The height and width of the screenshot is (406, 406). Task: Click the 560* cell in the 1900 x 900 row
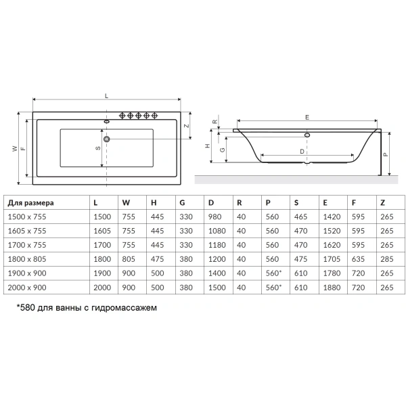tap(274, 273)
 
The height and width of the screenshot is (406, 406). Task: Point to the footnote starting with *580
tap(86, 307)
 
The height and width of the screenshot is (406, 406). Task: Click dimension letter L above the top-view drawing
tap(107, 97)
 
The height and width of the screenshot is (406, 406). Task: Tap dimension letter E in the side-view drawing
tap(307, 118)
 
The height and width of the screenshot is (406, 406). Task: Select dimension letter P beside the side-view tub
tap(385, 154)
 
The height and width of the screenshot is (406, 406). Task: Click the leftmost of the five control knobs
tap(123, 114)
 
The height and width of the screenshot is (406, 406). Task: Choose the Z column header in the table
tap(383, 202)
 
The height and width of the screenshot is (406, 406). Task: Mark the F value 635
tap(359, 259)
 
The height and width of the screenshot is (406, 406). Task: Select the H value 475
tap(157, 259)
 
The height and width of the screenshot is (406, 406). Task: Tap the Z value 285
tap(386, 259)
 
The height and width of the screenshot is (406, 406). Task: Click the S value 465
tap(300, 217)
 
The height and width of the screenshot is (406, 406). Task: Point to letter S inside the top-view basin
tap(98, 148)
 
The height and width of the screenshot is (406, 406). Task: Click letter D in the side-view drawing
tap(301, 152)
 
